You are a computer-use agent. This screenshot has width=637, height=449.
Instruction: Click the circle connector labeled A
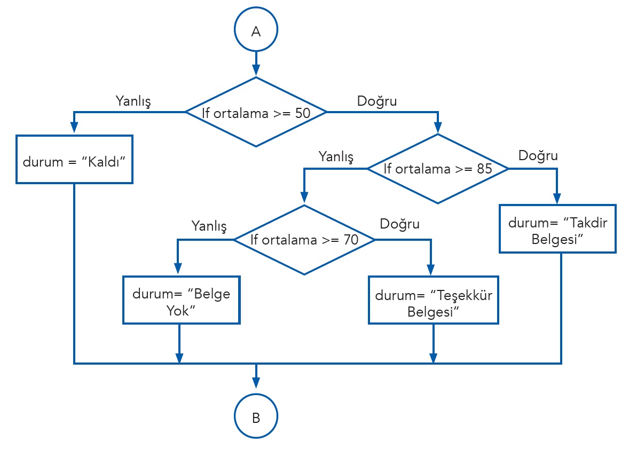(256, 30)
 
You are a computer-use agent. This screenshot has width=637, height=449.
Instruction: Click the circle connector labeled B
(256, 417)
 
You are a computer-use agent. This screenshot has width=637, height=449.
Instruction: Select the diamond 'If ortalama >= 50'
(256, 112)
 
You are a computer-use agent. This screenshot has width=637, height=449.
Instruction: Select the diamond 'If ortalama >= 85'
(438, 169)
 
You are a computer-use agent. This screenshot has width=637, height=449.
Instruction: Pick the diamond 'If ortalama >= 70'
(304, 240)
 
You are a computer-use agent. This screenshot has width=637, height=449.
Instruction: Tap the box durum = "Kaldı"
(74, 160)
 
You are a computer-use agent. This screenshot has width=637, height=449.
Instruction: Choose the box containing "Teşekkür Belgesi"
(433, 300)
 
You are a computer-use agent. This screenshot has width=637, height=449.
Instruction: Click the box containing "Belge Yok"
(181, 300)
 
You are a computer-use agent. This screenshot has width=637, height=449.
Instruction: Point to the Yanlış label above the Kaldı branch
(133, 100)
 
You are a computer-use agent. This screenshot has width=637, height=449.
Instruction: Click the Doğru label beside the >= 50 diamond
(377, 100)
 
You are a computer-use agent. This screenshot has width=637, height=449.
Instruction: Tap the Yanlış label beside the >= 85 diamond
(336, 156)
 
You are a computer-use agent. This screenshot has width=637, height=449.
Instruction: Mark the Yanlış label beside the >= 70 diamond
(209, 226)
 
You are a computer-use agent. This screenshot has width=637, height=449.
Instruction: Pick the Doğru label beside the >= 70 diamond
(399, 224)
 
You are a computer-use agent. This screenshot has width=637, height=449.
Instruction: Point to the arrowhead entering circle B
(256, 382)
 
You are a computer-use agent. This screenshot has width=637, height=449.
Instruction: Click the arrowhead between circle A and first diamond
(256, 70)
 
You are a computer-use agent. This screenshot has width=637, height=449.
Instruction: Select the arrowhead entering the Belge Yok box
(178, 270)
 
